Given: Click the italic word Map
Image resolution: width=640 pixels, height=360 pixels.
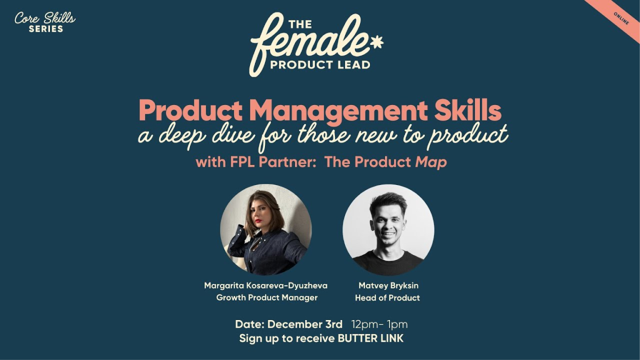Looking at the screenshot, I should pos(431,162).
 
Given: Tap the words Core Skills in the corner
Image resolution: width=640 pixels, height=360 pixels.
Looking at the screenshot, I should pos(44,18).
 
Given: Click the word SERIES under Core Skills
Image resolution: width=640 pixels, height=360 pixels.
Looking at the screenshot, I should pos(46,29).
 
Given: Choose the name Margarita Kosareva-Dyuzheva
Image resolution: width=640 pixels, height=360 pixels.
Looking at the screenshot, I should pos(266,286).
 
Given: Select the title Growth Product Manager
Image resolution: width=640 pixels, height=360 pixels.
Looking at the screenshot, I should pos(267,298).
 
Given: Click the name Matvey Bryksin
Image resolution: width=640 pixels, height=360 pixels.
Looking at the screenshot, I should pos(388,286).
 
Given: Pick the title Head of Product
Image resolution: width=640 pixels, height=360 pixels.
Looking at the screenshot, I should pos(387,298).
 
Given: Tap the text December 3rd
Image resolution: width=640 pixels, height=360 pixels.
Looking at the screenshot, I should pos(305,324).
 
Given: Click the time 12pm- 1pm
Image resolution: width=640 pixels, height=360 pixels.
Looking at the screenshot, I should pos(379,324).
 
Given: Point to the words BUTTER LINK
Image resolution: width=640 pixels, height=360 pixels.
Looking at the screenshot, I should pos(371,338).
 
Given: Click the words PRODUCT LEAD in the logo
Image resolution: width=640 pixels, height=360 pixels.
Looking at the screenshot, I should pos(320,65).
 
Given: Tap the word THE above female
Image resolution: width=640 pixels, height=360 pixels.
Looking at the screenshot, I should pos(300,24).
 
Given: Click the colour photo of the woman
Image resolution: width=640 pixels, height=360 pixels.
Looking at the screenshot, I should pos(266,229).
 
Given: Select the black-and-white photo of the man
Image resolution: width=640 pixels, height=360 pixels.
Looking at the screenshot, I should pos(388,229).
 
